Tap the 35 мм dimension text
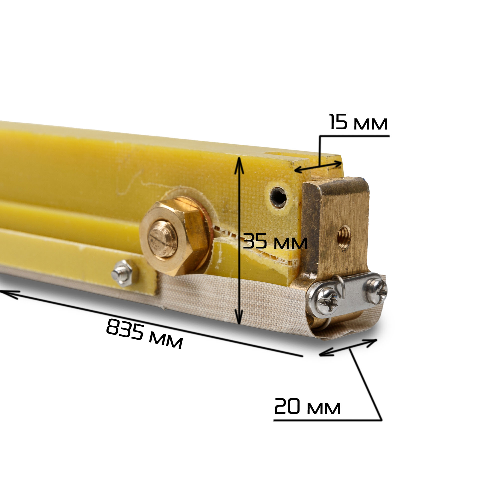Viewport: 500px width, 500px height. (x=275, y=241)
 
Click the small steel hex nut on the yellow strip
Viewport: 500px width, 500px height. (x=123, y=273)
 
